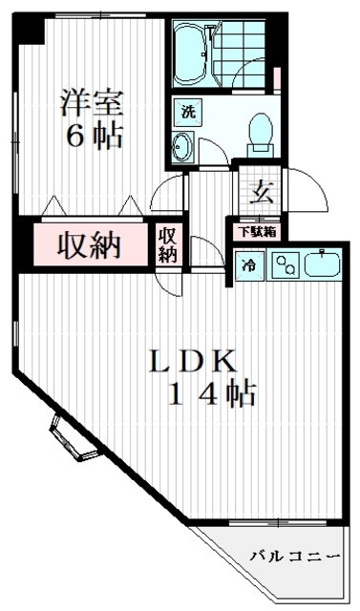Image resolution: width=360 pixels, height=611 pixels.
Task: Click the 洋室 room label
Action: click(x=92, y=98)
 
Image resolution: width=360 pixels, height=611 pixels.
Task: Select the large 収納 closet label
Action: click(x=92, y=245)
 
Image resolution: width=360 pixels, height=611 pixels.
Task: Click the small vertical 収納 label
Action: click(x=168, y=244)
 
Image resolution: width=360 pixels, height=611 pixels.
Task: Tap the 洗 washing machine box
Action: click(x=188, y=111)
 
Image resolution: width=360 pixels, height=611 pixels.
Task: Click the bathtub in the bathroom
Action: click(x=196, y=52)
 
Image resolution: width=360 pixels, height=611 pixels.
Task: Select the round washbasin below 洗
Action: click(x=183, y=147)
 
